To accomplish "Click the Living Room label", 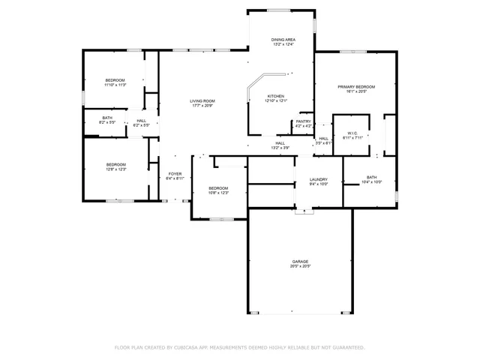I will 202,101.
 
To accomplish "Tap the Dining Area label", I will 283,40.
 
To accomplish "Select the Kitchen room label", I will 276,97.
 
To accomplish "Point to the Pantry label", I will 303,121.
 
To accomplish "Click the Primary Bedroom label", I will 355,87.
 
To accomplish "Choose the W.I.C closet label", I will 352,133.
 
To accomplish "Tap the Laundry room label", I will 319,179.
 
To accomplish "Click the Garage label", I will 300,261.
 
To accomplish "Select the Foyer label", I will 175,174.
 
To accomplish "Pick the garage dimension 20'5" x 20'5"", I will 300,266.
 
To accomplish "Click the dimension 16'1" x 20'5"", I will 355,92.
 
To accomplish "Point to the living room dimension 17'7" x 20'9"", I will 202,106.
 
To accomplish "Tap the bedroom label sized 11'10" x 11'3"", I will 115,80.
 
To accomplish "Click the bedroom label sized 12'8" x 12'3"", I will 115,164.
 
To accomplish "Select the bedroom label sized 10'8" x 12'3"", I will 218,188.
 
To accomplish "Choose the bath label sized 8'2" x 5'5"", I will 107,118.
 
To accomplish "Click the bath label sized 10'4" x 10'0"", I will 371,178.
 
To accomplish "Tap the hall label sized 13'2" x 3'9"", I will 280,143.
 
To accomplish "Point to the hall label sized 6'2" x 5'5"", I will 141,121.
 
